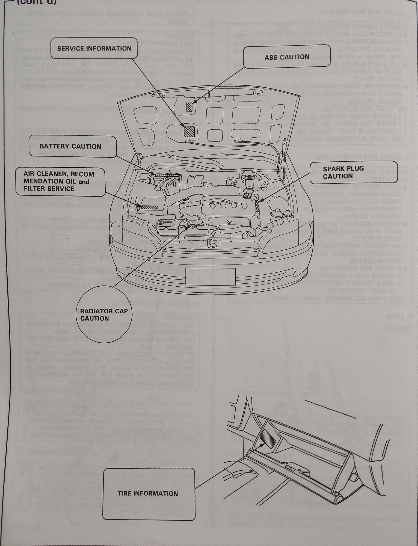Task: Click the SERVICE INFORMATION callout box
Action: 94,49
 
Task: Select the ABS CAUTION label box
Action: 286,57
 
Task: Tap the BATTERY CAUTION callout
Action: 72,146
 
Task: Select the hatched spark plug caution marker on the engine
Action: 257,204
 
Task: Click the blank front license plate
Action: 210,277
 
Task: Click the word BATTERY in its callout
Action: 55,146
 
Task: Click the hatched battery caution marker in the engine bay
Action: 163,175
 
